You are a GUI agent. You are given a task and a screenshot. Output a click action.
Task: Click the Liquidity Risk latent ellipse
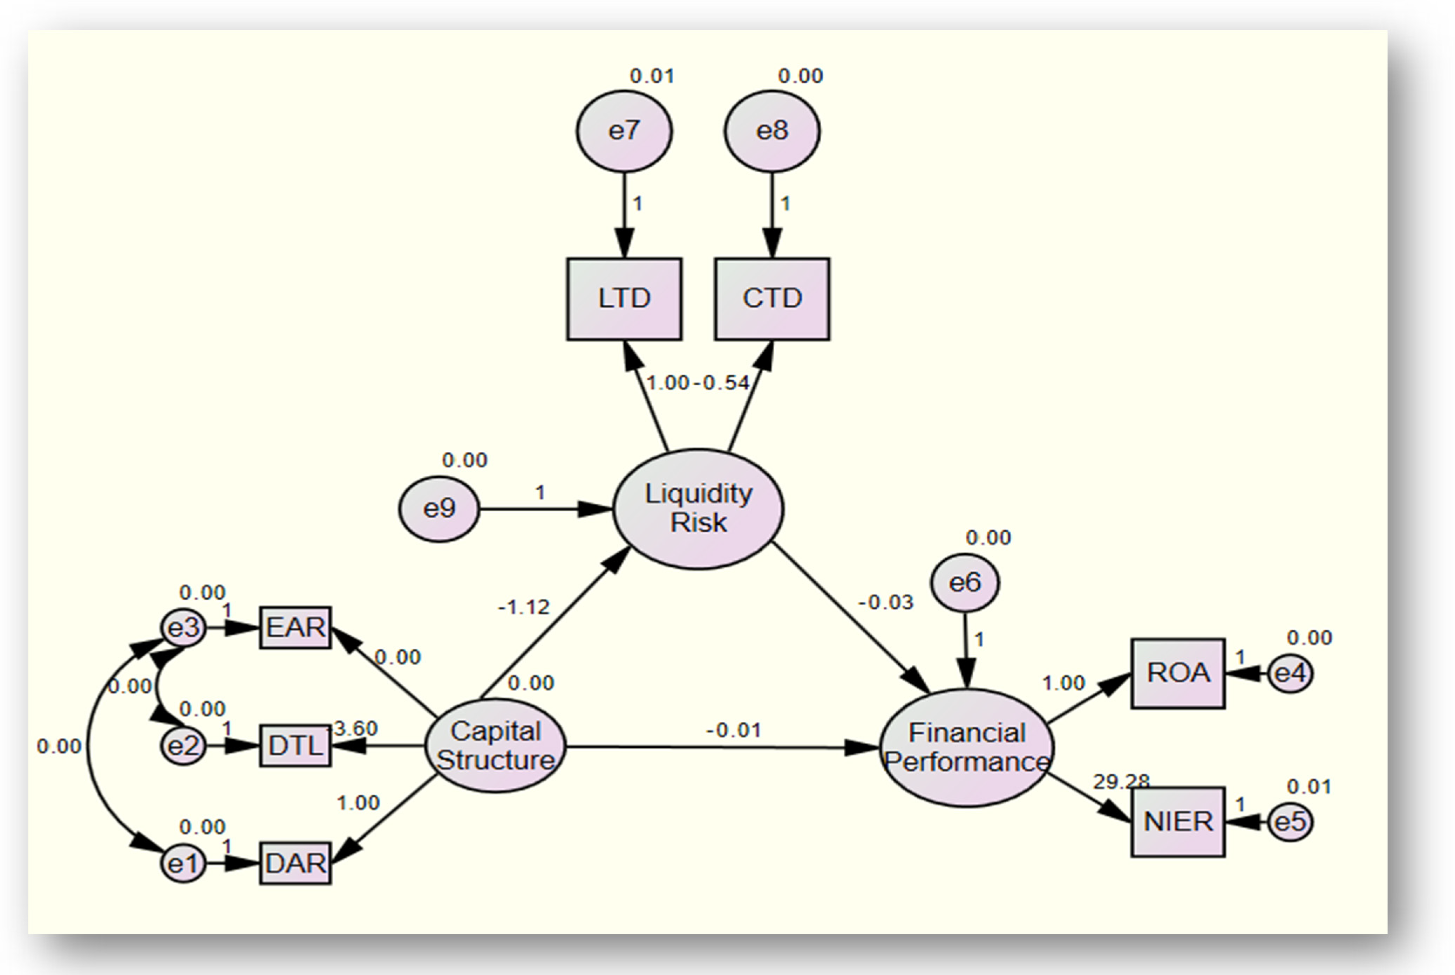tap(698, 509)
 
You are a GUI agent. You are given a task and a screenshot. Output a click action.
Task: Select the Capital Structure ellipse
tap(495, 746)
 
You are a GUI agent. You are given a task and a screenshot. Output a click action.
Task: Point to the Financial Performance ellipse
tap(966, 747)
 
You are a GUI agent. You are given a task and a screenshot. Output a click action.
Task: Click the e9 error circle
tap(439, 509)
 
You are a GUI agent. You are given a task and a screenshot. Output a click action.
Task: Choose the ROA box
tap(1177, 673)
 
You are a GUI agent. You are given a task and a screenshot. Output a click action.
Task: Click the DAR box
tap(295, 863)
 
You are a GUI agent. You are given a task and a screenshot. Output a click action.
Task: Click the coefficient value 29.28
tap(1121, 782)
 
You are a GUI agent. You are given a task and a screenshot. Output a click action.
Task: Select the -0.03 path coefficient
tap(885, 602)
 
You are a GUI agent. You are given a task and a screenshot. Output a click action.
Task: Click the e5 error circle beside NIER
tap(1290, 822)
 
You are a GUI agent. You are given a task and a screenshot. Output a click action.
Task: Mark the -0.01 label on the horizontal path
tap(734, 730)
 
